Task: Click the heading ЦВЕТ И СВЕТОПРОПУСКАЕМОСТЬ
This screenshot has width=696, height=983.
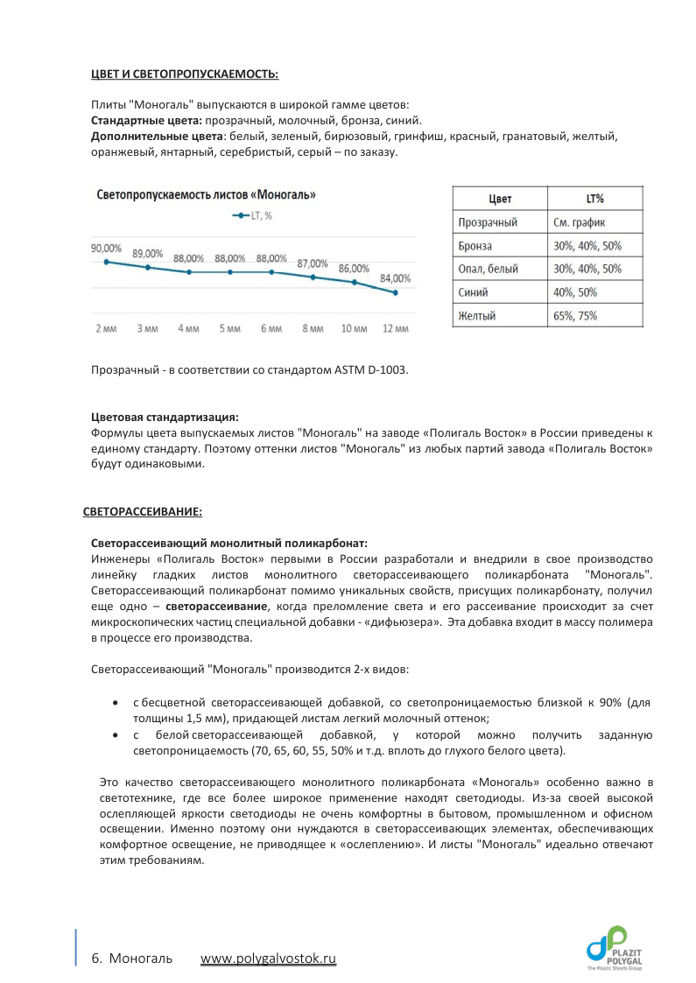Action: click(185, 74)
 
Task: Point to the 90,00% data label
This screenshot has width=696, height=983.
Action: click(106, 248)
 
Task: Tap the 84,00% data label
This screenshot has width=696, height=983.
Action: click(395, 278)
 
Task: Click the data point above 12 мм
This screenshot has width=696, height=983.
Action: click(396, 292)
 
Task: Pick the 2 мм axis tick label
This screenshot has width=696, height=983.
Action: click(106, 329)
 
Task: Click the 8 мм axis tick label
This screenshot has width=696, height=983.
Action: click(313, 329)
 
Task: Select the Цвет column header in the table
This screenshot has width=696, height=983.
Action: click(500, 199)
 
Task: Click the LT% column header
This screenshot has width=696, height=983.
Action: click(594, 199)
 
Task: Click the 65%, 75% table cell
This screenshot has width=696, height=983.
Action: click(575, 316)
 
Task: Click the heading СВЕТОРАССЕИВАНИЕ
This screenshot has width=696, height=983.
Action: click(143, 510)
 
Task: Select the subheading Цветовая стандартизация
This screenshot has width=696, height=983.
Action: click(165, 417)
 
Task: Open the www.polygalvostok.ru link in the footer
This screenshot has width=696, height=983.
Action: click(268, 958)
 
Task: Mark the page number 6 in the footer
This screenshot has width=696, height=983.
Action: click(95, 958)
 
